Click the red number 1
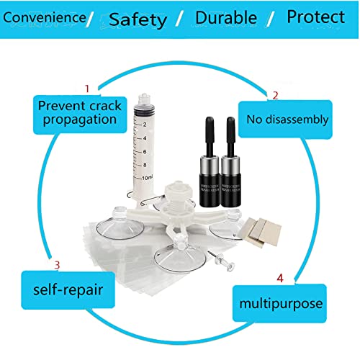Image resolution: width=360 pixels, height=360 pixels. coord(87,89)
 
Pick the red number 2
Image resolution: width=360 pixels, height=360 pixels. coord(274,94)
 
